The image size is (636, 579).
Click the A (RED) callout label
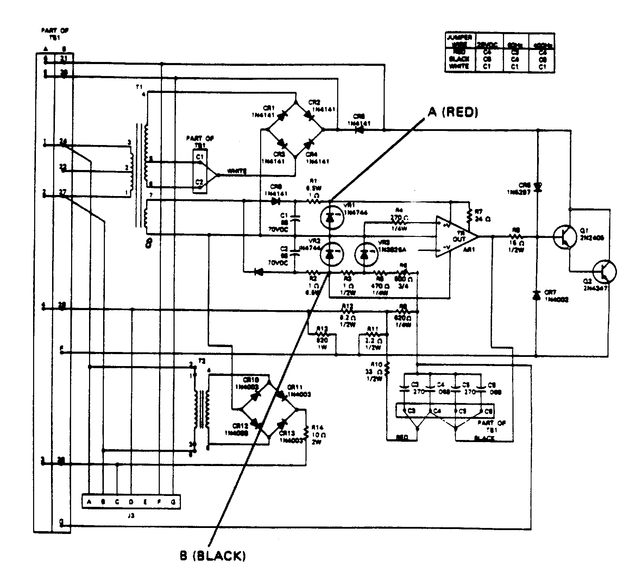(453, 113)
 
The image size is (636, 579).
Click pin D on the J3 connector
(131, 502)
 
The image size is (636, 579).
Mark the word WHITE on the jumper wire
(237, 171)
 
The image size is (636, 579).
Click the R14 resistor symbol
(306, 432)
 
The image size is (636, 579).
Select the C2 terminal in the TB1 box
(199, 182)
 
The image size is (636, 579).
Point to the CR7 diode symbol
(536, 296)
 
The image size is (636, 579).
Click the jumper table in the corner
(500, 53)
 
